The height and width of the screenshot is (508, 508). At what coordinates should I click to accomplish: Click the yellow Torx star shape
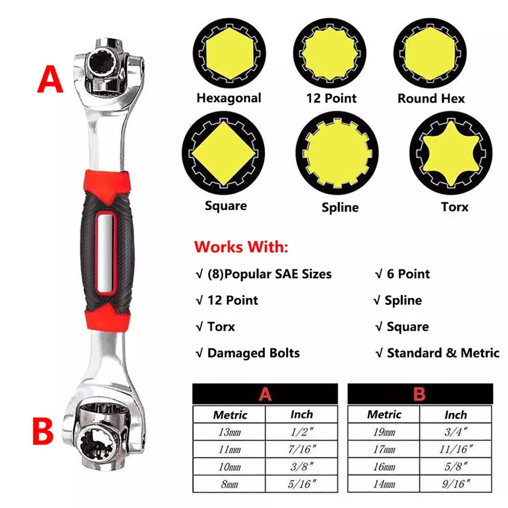pos(450,154)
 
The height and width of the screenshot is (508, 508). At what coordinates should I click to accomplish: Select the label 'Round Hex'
pos(431,99)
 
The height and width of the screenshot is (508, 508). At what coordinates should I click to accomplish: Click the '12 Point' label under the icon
pos(331,98)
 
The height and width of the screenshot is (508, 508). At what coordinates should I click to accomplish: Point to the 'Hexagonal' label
pos(229,98)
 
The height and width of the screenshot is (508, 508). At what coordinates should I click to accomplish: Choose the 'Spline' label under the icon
pos(340,207)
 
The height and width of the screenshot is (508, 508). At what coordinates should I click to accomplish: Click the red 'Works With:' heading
pos(241,246)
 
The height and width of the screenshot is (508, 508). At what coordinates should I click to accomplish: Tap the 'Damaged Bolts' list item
pos(253,353)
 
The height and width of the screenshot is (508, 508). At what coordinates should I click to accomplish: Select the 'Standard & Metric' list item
pos(443,353)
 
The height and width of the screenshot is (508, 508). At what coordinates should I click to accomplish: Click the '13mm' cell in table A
pos(229,432)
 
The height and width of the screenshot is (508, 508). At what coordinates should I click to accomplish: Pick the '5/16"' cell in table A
pos(301,484)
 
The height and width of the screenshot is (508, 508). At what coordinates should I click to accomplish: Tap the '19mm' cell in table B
pos(384,432)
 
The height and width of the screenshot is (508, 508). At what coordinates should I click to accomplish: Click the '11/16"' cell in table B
pos(456,449)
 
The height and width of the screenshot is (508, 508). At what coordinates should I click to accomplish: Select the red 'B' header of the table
pos(419,394)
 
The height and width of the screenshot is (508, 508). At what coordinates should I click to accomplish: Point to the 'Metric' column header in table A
pos(230,414)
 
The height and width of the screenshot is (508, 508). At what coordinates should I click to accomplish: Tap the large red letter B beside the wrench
pos(43,431)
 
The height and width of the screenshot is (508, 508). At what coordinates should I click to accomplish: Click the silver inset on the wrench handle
pos(104,253)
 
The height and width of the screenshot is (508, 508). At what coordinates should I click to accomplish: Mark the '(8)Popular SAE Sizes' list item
pos(269,274)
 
